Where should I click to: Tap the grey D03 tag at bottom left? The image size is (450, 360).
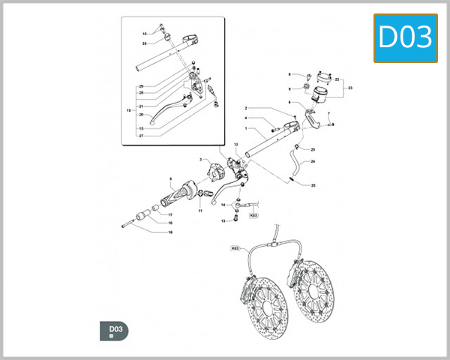114,330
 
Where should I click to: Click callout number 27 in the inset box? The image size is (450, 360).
140,136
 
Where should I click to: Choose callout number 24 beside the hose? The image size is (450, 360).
313,161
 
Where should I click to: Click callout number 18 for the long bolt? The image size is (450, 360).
170,232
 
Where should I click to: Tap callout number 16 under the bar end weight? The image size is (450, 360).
170,223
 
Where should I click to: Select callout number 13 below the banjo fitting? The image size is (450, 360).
223,221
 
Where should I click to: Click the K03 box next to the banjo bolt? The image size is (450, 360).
253,215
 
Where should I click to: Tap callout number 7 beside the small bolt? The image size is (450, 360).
328,112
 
